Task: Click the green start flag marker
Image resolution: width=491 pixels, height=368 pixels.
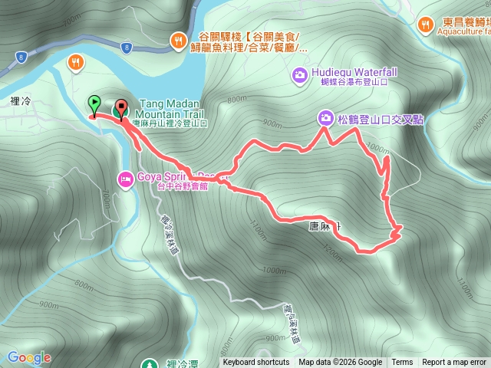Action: tap(94, 101)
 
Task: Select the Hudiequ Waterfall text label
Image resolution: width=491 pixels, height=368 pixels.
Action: tap(354, 74)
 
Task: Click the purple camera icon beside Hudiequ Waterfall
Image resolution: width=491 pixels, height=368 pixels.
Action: tap(298, 74)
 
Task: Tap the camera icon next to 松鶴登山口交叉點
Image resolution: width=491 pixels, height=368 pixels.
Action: tap(327, 118)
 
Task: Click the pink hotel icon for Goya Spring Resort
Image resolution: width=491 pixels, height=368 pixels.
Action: tap(124, 179)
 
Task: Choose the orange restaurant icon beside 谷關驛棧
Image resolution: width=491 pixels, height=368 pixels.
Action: tap(178, 39)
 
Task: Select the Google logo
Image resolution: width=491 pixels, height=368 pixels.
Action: tap(29, 357)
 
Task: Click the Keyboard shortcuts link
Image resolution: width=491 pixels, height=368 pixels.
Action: tap(256, 363)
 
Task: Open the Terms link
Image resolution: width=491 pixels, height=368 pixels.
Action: tap(402, 363)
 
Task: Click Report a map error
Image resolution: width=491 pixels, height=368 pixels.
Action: tap(454, 363)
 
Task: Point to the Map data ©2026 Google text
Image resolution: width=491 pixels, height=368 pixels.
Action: tap(341, 363)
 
